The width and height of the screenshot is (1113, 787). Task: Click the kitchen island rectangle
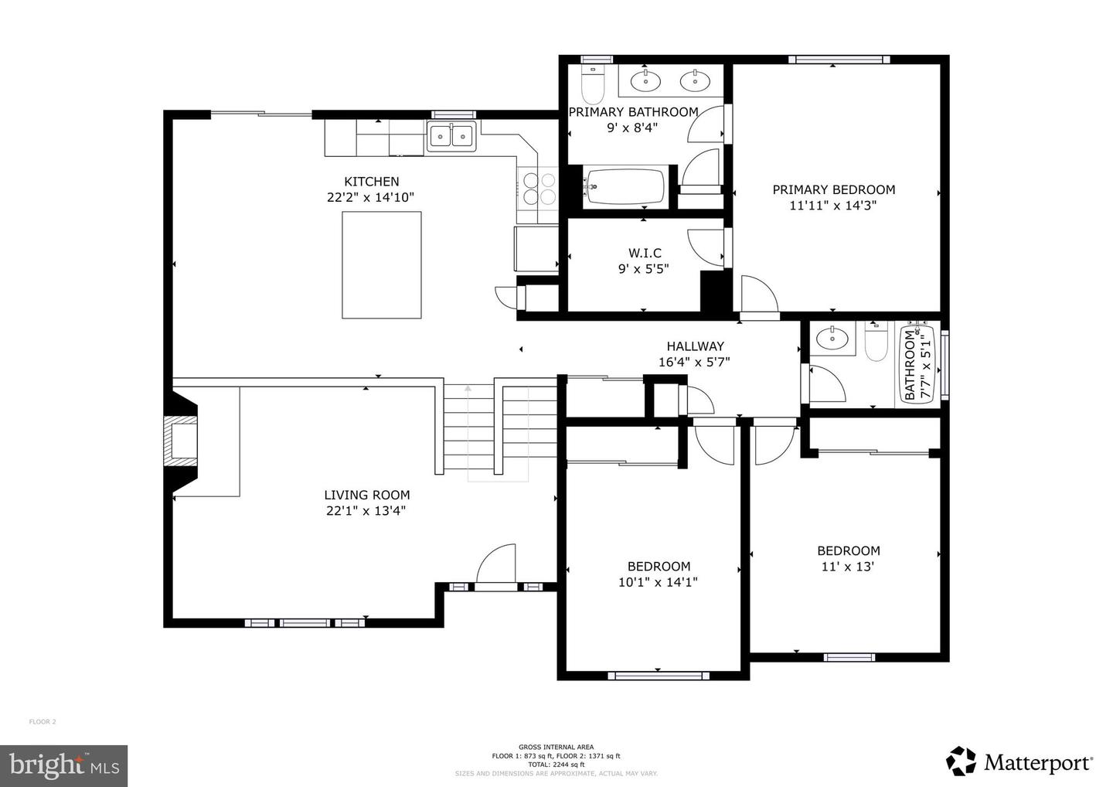click(382, 264)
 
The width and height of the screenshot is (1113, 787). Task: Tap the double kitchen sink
click(451, 137)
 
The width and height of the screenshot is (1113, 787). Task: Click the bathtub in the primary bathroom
click(624, 186)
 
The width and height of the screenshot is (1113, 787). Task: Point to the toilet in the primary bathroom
click(593, 86)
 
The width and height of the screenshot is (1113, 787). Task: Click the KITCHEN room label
click(372, 182)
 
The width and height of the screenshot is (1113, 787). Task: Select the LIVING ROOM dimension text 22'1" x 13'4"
click(366, 510)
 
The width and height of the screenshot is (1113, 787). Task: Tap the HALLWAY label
click(695, 346)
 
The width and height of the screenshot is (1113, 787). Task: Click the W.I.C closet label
click(644, 253)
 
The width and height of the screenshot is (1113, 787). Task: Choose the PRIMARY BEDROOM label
click(833, 189)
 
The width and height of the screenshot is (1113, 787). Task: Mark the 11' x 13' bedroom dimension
click(847, 566)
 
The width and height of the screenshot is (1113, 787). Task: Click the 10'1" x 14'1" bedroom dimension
click(658, 582)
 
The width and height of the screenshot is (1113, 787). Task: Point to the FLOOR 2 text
click(43, 722)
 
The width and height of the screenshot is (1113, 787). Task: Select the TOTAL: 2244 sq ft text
click(556, 765)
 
